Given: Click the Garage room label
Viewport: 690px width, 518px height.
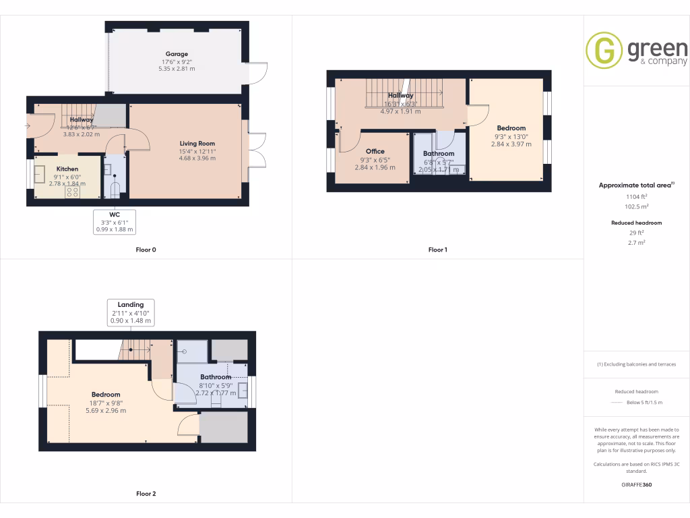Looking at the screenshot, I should (177, 54).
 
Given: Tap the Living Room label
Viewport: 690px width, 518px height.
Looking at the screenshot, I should (197, 143).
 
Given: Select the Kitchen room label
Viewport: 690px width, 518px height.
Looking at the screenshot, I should (67, 169).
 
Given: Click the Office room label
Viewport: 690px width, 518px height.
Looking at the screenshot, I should (375, 151).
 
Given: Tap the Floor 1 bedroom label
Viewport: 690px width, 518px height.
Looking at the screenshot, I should (511, 128).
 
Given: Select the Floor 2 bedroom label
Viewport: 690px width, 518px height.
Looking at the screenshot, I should (106, 395).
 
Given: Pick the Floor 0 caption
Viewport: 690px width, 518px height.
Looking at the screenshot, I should (146, 250).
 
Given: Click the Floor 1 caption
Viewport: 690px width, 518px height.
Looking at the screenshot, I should (437, 250).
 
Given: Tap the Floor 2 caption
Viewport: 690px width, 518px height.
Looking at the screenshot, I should (146, 494).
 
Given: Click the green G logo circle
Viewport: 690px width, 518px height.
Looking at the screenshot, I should (603, 51).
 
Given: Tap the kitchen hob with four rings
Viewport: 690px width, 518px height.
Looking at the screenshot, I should (71, 192).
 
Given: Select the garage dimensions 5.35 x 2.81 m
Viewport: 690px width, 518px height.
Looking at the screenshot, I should (177, 69).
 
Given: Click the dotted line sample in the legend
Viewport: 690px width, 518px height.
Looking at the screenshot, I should (616, 403).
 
